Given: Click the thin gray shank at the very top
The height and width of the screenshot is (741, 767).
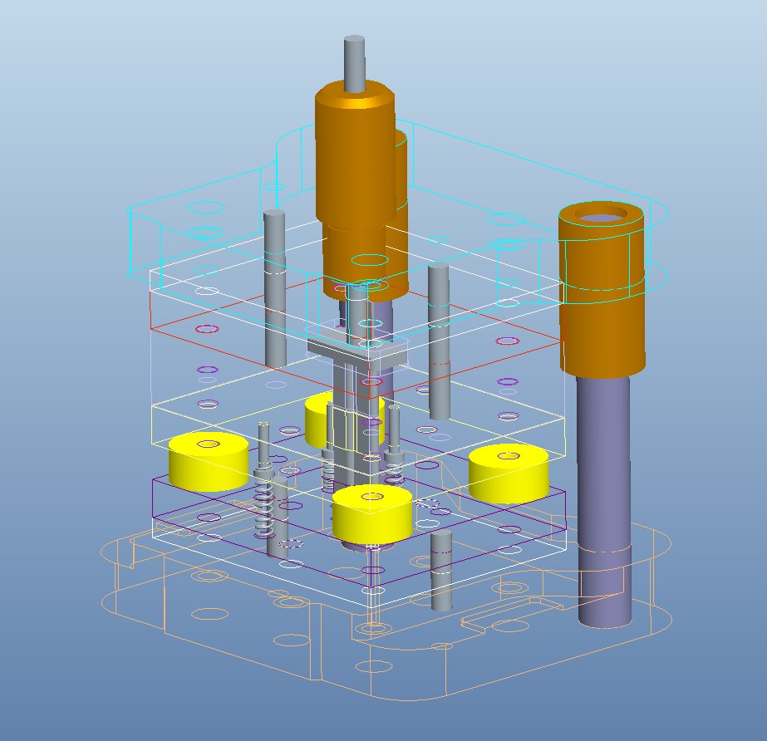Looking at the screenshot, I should pos(355,63).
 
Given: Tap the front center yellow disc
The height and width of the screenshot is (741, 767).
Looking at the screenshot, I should pos(371,515).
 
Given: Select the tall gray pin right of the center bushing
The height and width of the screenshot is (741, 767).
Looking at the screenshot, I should pos(440,341).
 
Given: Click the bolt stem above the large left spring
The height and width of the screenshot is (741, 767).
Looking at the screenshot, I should pos(264,444).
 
